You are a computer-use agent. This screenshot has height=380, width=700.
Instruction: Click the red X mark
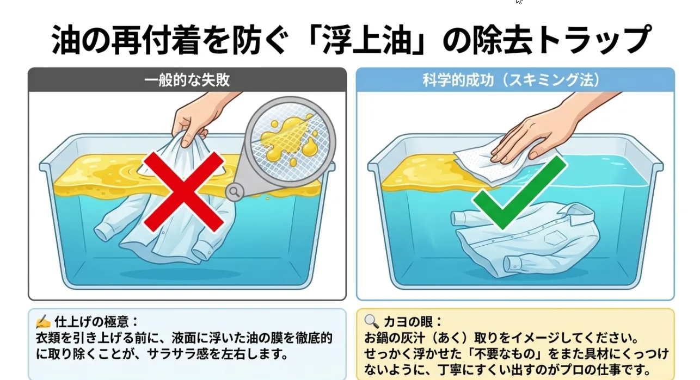(x=184, y=192)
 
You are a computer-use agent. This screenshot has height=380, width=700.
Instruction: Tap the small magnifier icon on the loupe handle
(x=235, y=192)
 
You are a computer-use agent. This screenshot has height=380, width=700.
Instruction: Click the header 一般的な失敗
(x=187, y=80)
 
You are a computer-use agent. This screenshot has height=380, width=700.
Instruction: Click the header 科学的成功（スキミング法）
(x=511, y=80)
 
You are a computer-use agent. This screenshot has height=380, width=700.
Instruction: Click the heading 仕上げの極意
(x=92, y=321)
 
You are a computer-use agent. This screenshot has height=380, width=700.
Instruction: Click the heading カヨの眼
(x=408, y=321)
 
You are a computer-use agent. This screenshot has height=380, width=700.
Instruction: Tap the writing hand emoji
(x=43, y=322)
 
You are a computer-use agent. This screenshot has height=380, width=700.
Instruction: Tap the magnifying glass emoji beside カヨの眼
(x=372, y=321)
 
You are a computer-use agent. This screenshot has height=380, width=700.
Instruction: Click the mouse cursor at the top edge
(x=519, y=2)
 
